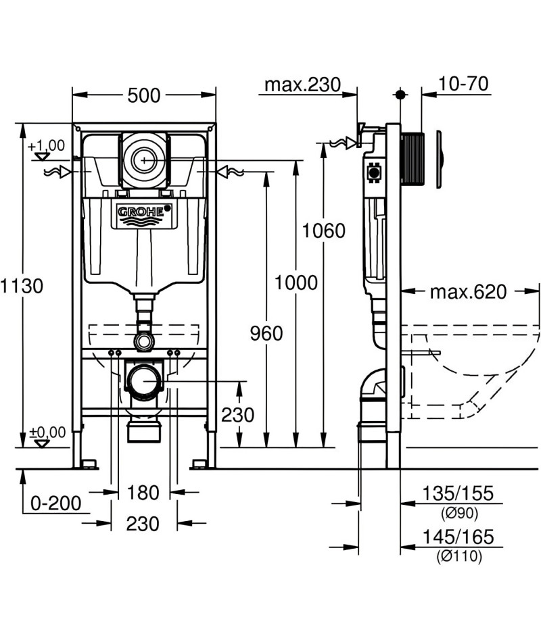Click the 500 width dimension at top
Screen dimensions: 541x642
144,96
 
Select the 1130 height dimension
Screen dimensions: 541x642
22,286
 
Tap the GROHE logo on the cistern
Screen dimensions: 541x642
144,212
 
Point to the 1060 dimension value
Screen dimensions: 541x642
324,231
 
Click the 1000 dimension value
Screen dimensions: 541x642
296,283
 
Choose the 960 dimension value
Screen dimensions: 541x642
266,333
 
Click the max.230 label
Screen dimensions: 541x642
303,84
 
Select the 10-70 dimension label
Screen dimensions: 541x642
463,84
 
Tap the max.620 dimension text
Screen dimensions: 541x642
469,292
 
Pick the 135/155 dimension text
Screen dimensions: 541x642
458,493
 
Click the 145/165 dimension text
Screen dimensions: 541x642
458,537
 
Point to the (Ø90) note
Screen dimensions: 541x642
459,513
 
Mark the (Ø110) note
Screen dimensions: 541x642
459,556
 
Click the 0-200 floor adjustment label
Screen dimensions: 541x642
55,503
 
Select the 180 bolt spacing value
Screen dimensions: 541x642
143,493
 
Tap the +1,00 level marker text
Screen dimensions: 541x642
46,145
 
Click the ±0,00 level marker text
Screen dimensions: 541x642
47,433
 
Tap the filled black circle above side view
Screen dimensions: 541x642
400,95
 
